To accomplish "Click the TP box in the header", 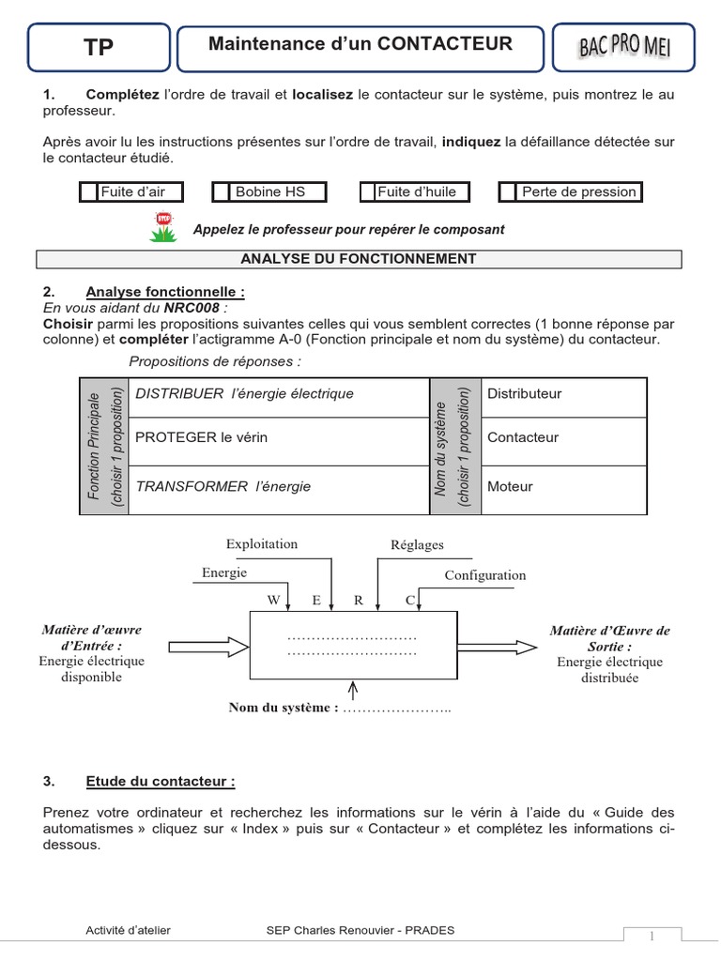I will (99, 48).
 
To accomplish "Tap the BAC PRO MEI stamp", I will (624, 47).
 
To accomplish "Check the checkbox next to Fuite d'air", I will (88, 192).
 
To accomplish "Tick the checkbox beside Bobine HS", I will (222, 192).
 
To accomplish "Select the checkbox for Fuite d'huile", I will (368, 192).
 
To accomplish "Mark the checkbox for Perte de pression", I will (508, 192).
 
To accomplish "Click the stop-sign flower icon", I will (163, 227).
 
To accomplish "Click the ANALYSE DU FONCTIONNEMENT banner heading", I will (359, 259).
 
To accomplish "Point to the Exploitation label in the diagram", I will (262, 544).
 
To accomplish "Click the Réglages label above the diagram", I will (417, 545).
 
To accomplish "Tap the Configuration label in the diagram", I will (485, 575).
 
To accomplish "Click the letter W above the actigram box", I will (274, 598).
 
